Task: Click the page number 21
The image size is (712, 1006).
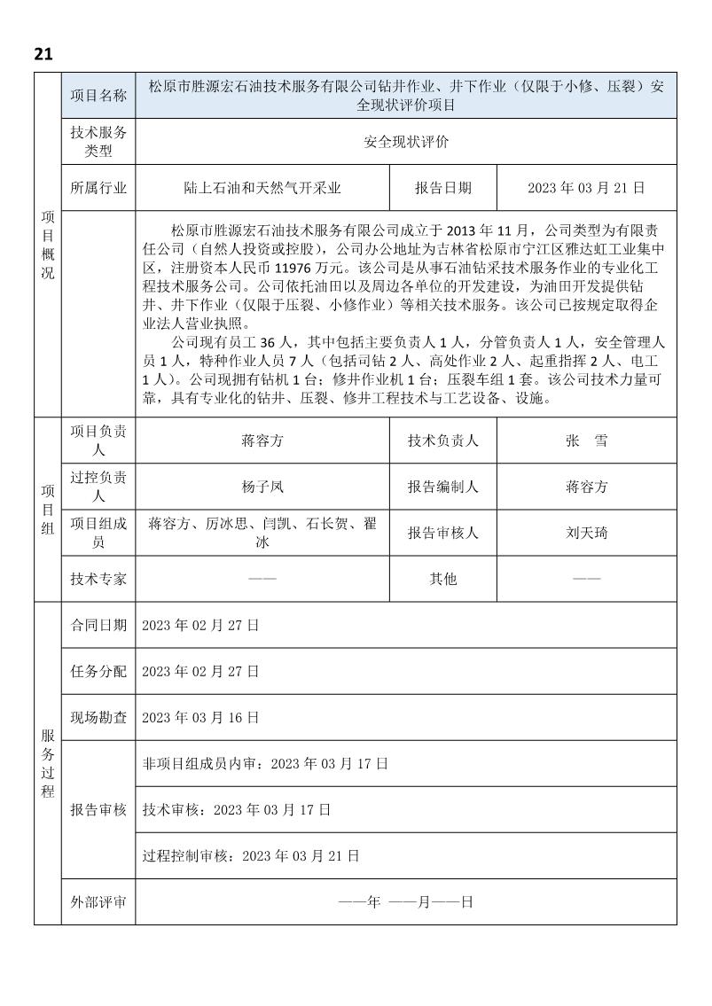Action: click(43, 54)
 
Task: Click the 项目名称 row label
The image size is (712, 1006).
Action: click(98, 96)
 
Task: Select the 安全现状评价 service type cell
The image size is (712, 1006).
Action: click(406, 142)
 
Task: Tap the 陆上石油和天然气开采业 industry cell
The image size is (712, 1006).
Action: click(262, 188)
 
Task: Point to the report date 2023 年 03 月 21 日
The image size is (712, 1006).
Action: click(586, 188)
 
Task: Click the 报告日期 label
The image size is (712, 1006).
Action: click(443, 188)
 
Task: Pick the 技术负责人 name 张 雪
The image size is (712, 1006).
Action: click(586, 441)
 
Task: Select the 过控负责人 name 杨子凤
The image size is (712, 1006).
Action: click(262, 487)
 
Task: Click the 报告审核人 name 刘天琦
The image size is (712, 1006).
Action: click(586, 533)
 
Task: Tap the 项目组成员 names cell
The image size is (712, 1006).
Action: click(262, 533)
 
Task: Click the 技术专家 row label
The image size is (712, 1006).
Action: click(98, 579)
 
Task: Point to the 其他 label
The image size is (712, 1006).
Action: click(443, 579)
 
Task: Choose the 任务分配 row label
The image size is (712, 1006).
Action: click(98, 671)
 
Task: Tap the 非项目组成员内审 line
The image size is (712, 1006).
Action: click(265, 763)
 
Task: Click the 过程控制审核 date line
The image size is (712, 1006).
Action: click(251, 856)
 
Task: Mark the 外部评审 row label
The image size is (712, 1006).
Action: click(98, 902)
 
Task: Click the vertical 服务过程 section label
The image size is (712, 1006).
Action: click(48, 762)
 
